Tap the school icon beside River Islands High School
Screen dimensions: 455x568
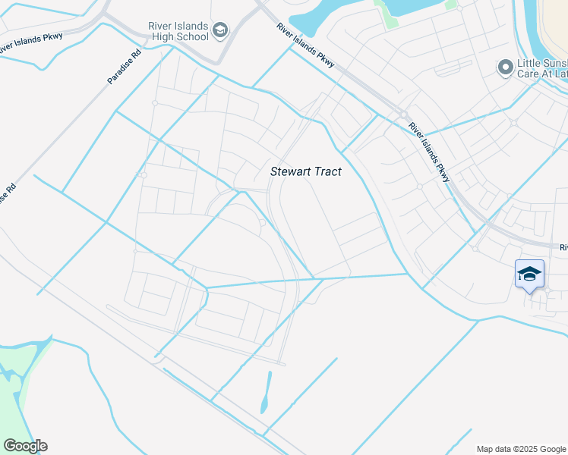(220, 30)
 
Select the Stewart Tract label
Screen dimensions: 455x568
(306, 172)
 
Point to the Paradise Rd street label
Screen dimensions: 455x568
(125, 67)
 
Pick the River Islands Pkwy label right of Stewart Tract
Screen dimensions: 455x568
(428, 152)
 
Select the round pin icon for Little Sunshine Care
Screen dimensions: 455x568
(505, 69)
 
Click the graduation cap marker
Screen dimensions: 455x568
(529, 274)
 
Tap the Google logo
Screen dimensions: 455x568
(25, 446)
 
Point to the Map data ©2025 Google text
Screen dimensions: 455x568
(521, 449)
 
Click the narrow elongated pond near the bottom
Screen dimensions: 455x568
(266, 393)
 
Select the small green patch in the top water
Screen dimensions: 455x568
(390, 17)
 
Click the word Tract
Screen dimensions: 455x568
(327, 172)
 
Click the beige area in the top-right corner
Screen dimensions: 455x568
(554, 23)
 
